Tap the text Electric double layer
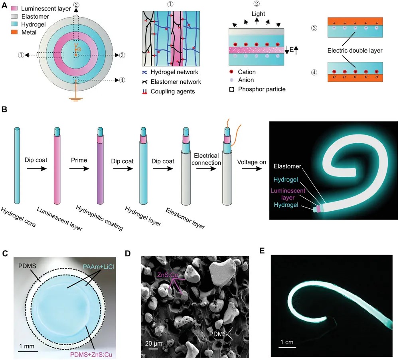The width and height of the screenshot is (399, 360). pos(355,51)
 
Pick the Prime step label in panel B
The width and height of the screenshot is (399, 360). pos(79,160)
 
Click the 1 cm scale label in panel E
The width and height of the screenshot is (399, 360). pos(287,342)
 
